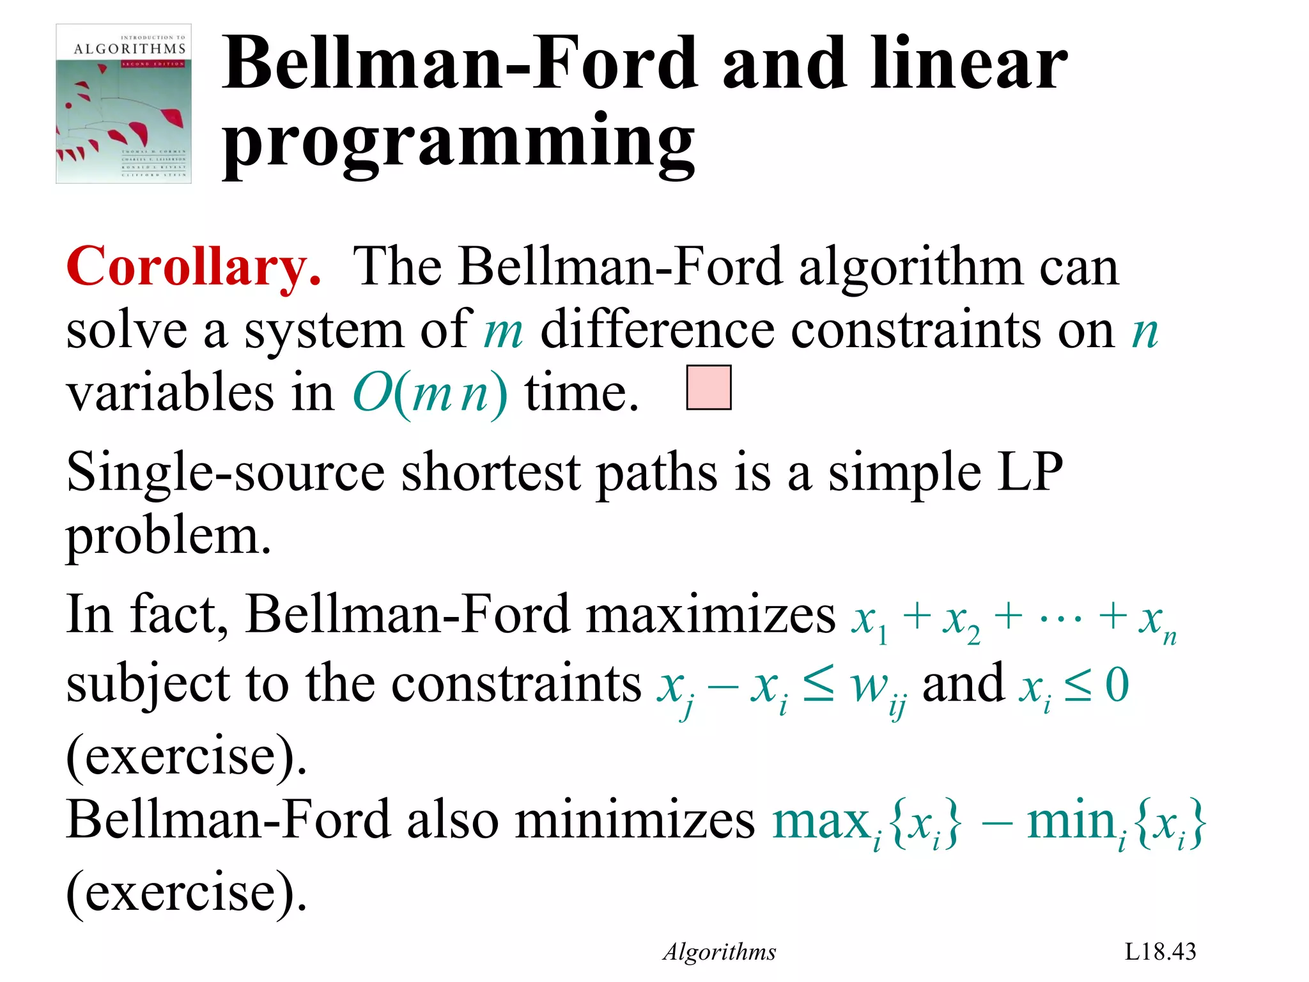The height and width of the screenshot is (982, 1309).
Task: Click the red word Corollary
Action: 194,267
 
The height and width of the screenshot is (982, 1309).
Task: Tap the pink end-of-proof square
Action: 708,387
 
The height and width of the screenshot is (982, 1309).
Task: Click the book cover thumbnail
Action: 124,104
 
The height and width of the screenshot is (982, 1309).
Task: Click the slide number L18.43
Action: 1160,951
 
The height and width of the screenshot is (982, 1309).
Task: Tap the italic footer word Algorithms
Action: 719,952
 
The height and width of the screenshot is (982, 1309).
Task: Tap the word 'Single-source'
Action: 226,473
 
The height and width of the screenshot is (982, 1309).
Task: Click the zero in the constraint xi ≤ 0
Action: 1117,685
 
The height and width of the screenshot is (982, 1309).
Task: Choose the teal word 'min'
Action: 1070,822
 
